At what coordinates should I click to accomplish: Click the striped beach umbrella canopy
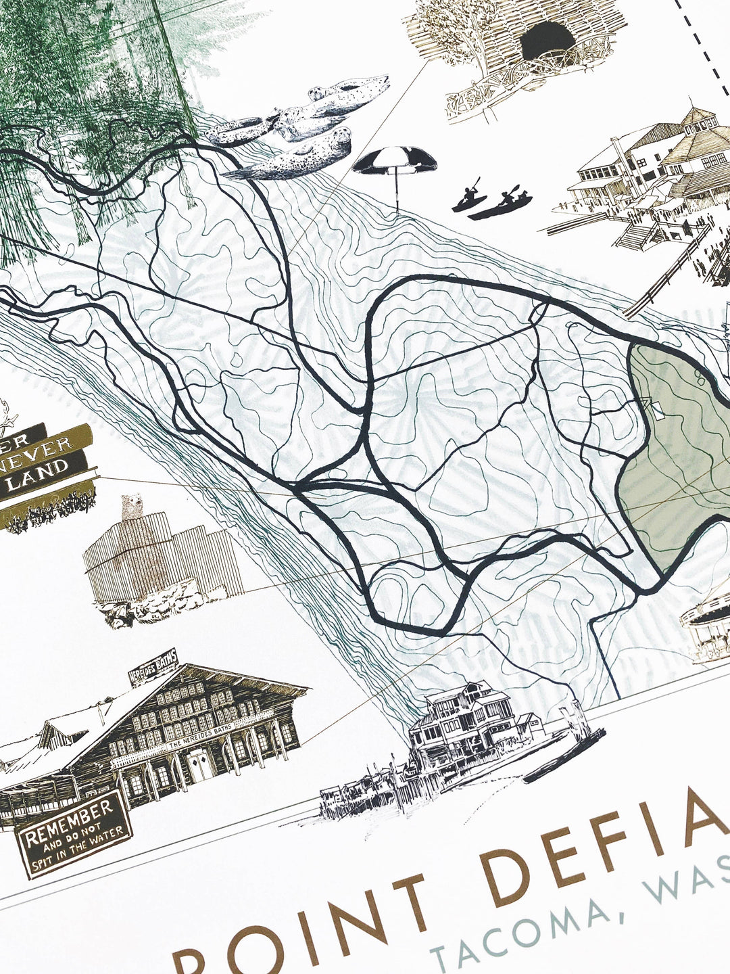(394, 161)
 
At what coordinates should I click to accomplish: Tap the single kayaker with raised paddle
(469, 196)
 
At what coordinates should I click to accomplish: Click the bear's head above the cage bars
(130, 505)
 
